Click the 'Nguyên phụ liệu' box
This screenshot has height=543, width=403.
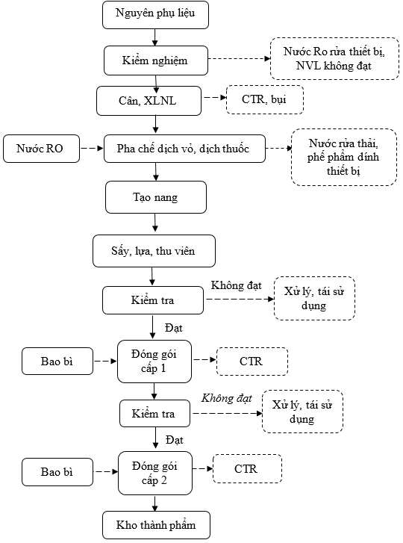155,15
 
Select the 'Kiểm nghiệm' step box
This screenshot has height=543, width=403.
156,60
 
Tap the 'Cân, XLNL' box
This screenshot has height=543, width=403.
149,101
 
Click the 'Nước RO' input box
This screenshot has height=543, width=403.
41,149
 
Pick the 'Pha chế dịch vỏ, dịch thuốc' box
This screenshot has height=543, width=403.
184,149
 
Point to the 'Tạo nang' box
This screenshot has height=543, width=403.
156,197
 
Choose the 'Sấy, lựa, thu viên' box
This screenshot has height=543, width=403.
154,251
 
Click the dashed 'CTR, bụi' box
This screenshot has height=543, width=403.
265,100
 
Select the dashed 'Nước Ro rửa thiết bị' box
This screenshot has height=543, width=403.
334,58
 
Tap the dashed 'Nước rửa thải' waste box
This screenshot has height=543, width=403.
344,157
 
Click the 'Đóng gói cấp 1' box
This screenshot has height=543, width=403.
154,362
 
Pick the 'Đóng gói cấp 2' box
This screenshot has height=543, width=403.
155,473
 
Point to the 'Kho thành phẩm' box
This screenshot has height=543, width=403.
156,525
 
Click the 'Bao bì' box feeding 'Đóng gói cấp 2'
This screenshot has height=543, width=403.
57,472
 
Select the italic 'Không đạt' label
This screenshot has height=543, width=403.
227,398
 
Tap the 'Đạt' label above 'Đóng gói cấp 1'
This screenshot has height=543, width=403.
174,328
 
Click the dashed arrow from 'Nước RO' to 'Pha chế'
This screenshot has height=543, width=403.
92,148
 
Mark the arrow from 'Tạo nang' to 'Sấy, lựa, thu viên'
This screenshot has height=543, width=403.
155,223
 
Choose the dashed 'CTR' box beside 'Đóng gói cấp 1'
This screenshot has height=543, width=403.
252,362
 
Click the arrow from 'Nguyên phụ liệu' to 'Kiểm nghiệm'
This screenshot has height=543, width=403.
155,37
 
